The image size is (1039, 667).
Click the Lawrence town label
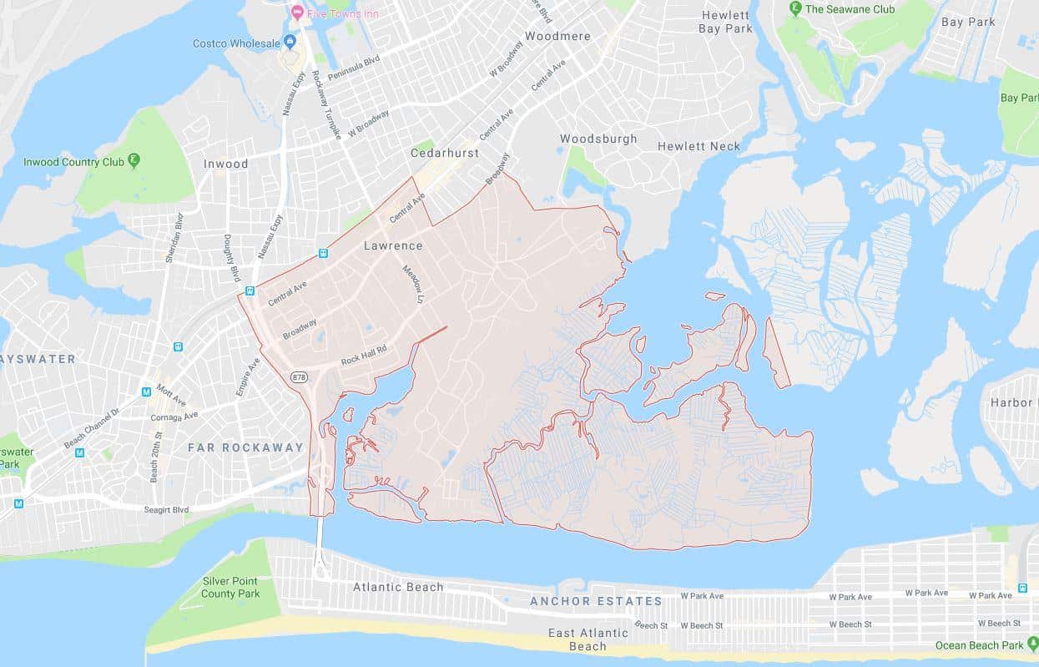click(x=393, y=246)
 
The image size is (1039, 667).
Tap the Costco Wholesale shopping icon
click(x=290, y=42)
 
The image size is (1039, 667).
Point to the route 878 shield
click(x=299, y=377)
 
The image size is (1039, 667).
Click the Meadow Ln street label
click(x=413, y=284)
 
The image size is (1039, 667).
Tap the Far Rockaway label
click(x=245, y=447)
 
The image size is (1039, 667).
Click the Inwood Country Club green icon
click(x=134, y=161)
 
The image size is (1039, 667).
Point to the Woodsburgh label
click(x=598, y=139)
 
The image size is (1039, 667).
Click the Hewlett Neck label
click(x=699, y=146)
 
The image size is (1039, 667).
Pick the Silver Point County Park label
click(x=231, y=588)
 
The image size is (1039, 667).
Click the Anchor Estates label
click(x=596, y=601)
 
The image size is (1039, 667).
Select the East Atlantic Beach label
click(x=588, y=639)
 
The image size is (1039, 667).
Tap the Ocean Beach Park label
click(x=979, y=645)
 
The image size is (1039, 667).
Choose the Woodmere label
click(x=557, y=37)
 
